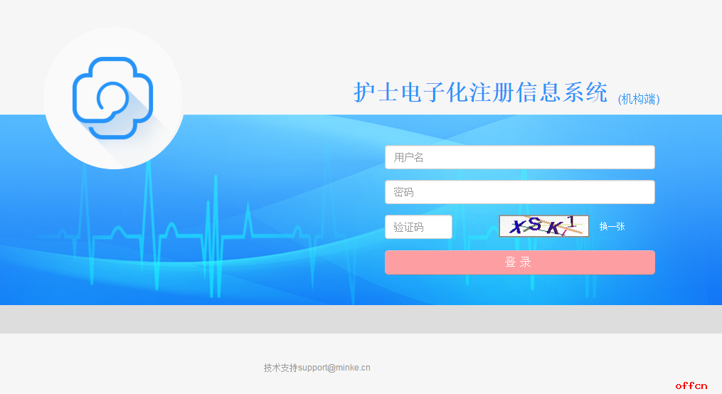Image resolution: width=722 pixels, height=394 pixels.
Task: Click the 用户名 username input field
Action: [519, 157]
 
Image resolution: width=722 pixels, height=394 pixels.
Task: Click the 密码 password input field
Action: [519, 192]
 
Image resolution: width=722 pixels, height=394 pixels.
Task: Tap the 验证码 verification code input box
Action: [418, 227]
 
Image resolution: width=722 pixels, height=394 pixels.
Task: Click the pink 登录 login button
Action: [519, 262]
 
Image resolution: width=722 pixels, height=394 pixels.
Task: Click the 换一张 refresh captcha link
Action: [612, 226]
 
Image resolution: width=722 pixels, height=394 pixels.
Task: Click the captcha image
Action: [543, 225]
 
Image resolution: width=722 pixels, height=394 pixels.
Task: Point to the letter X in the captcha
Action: [521, 227]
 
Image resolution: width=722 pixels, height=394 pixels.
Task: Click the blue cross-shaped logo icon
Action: [112, 97]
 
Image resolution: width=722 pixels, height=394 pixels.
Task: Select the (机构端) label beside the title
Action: [639, 99]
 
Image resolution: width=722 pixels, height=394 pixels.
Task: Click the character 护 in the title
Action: [365, 92]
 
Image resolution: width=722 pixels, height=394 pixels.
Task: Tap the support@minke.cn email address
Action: [334, 368]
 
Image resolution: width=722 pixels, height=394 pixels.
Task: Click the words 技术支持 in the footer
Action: [280, 368]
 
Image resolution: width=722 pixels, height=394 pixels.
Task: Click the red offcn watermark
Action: [691, 385]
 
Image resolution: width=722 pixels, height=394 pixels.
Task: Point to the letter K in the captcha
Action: [553, 228]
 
